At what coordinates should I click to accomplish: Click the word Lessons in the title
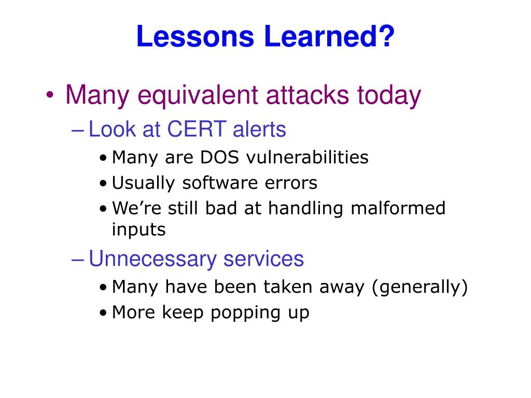pos(195,36)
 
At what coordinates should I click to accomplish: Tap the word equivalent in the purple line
pos(198,96)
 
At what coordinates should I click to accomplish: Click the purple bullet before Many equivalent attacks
pos(50,95)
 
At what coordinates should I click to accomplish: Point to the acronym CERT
pos(197,129)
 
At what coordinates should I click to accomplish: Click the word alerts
pos(259,129)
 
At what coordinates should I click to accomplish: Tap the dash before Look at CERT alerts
pos(78,131)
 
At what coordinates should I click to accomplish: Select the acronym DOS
pos(220,158)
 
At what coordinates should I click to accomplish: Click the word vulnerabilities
pos(307,158)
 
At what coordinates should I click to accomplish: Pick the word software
pos(220,183)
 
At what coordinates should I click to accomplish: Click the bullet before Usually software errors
pos(103,184)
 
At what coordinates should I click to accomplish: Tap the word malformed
pos(398,208)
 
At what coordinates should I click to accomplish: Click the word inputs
pos(138,230)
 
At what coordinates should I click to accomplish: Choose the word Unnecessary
pos(152,259)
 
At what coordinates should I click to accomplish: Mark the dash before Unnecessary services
pos(78,260)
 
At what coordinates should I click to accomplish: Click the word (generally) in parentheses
pos(420,287)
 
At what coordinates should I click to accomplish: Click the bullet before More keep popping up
pos(103,313)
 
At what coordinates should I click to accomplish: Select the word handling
pos(306,208)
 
